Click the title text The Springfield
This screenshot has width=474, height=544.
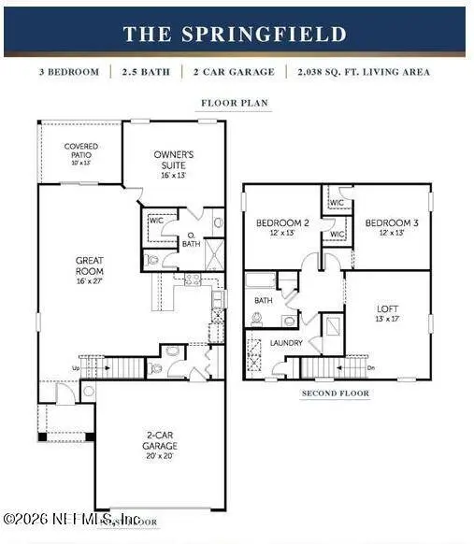tap(235, 35)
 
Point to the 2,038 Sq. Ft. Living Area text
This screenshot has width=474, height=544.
tap(381, 72)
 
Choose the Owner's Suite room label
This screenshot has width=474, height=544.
tap(174, 159)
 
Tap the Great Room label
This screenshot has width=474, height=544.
tap(89, 256)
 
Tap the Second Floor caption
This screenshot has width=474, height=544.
tap(335, 394)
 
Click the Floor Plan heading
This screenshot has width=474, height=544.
tap(235, 104)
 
